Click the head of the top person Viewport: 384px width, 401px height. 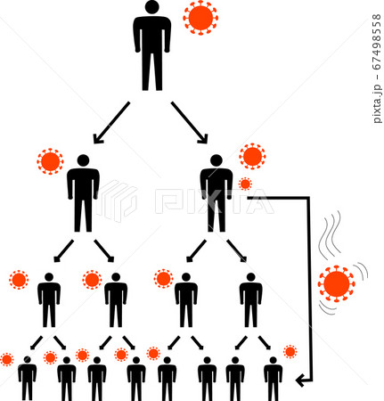152,7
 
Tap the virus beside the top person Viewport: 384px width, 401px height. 200,18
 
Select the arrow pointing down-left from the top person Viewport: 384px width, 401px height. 111,123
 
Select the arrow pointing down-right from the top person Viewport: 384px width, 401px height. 189,123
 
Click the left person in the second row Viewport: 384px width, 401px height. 83,193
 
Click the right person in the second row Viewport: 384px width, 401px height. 217,193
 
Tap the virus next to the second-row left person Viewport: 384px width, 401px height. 50,161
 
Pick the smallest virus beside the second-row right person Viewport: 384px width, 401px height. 245,184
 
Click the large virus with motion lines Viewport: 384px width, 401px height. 337,283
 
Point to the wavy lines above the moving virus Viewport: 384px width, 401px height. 330,234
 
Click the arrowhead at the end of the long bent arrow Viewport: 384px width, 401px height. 300,381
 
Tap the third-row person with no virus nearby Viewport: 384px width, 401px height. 251,300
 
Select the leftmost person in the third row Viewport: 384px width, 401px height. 49,300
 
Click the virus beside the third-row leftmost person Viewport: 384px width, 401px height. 19,280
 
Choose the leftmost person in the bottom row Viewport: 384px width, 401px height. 28,379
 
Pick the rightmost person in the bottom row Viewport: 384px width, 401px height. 274,379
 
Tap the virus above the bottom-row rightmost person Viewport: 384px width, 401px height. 290,352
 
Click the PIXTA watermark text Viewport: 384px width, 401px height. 215,200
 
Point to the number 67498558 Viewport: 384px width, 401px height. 376,42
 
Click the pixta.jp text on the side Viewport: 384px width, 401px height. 377,104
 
